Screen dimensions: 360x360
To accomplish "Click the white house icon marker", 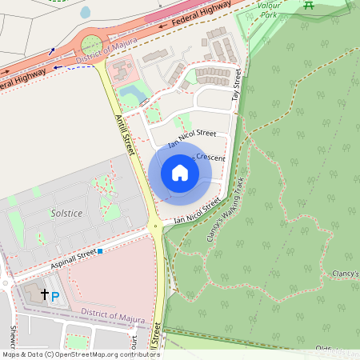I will pos(180,172).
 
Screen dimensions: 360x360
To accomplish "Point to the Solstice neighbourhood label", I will pos(66,214).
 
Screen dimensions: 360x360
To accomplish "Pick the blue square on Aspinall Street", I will pos(102,252).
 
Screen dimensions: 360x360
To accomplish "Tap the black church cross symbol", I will pos(45,294).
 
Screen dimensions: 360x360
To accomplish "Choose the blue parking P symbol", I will pos(55,298).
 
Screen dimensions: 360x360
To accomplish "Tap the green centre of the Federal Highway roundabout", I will pos(91,44).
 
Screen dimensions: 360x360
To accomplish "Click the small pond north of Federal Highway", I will pos(86,13).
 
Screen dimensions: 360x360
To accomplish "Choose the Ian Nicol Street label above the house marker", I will pos(187,137).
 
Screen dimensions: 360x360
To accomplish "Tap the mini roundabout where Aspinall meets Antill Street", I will pos(154,226).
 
